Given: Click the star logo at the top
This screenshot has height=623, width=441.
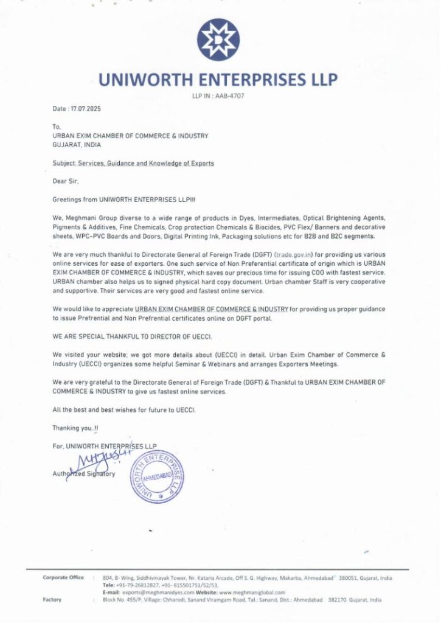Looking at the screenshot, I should (220, 40).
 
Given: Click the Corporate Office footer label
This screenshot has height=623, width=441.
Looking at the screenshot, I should (63, 577).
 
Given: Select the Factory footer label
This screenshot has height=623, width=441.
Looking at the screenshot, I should (52, 600).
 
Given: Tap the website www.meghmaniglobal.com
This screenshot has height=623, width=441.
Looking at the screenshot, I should (252, 592).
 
